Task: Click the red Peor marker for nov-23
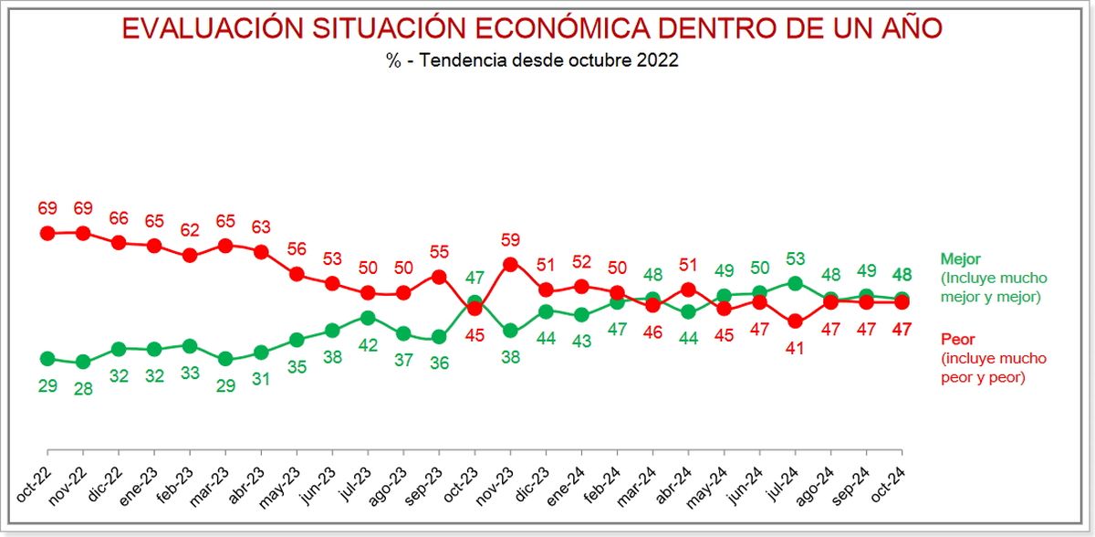pyautogui.click(x=511, y=264)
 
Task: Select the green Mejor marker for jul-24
pyautogui.click(x=795, y=283)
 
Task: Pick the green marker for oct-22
pyautogui.click(x=47, y=358)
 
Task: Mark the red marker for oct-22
pyautogui.click(x=47, y=233)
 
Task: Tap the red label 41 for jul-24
pyautogui.click(x=795, y=347)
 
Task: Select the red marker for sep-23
pyautogui.click(x=439, y=277)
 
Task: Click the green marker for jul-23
pyautogui.click(x=368, y=318)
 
